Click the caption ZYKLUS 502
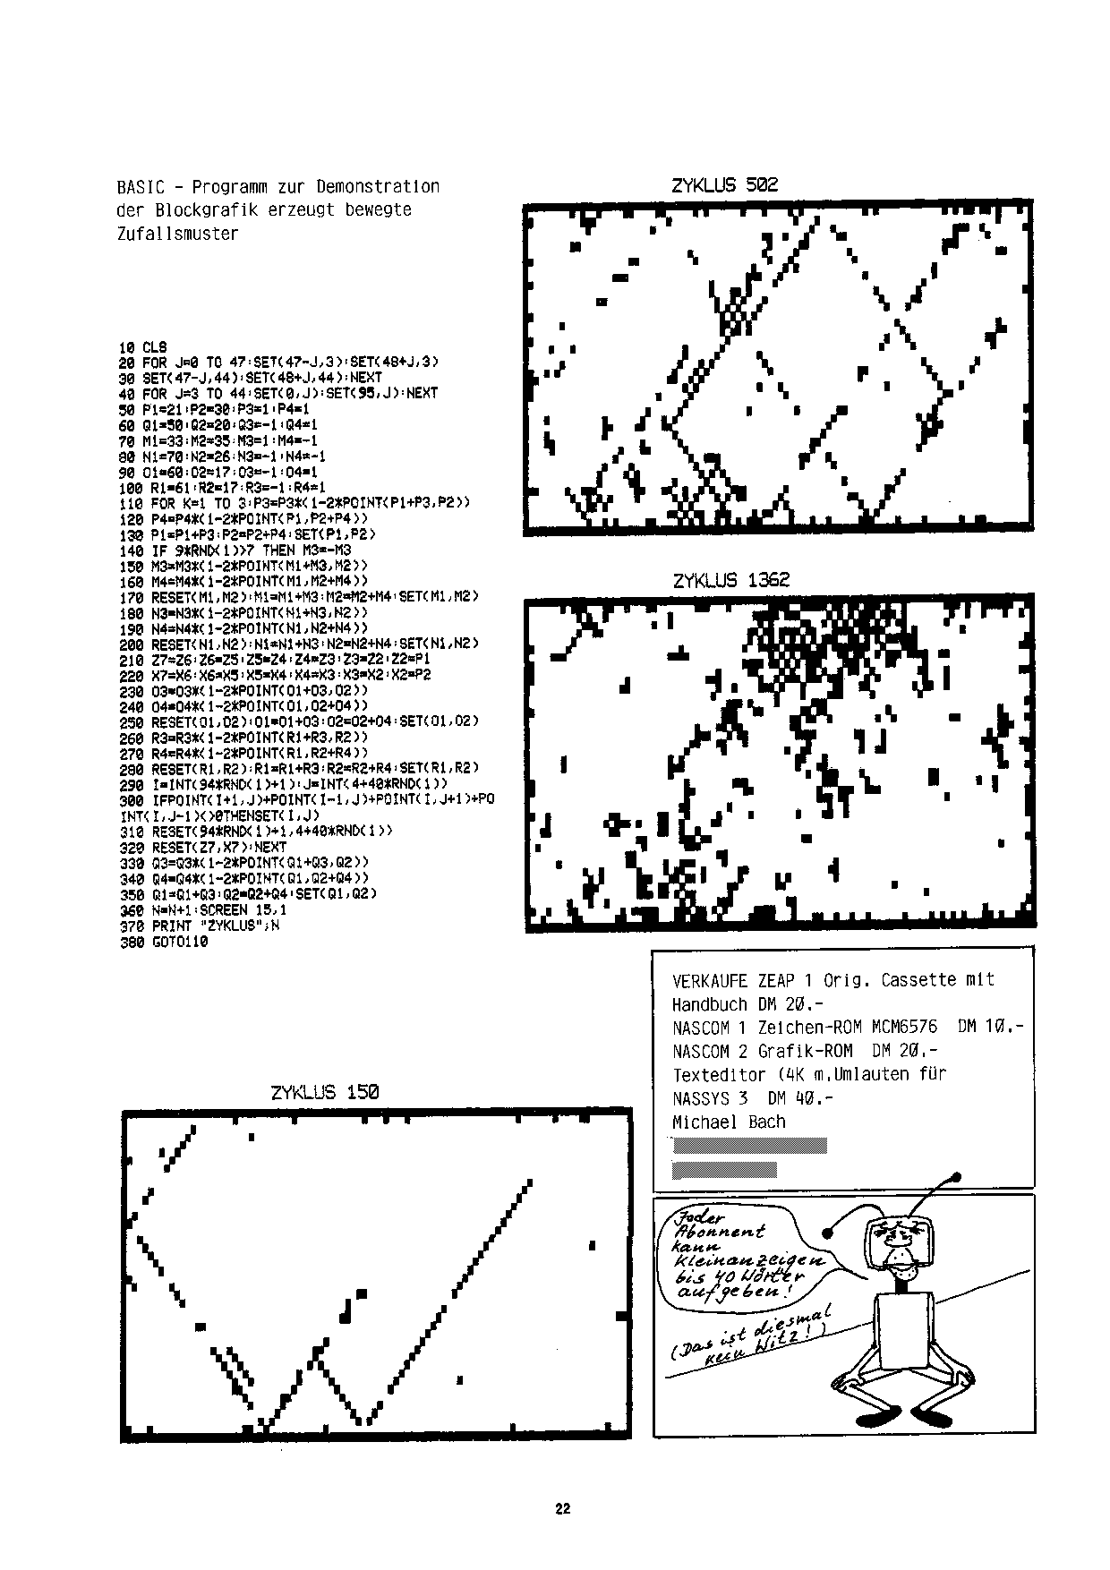pos(724,185)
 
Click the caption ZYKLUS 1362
pos(730,580)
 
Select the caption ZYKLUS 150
pos(324,1092)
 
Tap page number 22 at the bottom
pos(562,1508)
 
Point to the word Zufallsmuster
pos(177,234)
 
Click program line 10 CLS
pos(142,347)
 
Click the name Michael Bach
pos(728,1122)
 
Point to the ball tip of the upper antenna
pos(956,1176)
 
